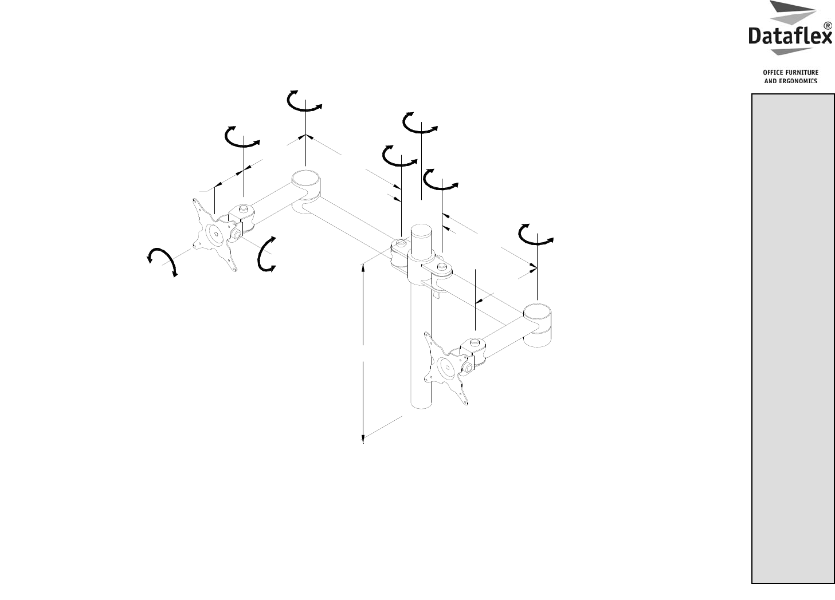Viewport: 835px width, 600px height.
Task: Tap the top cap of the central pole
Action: tap(421, 228)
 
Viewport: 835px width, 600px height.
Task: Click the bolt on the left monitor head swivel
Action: tap(243, 207)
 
